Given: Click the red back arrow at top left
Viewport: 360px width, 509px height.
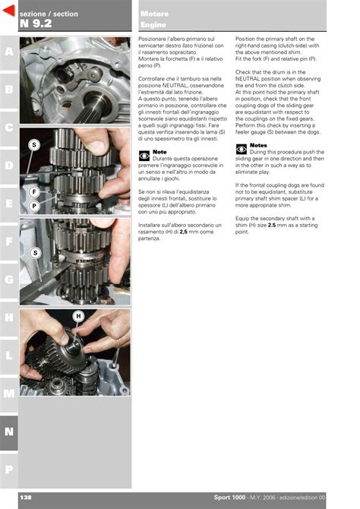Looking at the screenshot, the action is tap(10, 11).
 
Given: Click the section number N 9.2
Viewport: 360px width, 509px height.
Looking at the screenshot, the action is tap(36, 24).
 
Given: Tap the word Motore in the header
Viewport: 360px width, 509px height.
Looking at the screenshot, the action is tap(154, 14).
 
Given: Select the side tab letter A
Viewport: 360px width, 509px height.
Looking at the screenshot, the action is tap(9, 52).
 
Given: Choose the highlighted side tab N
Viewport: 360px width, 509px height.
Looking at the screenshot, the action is tap(9, 432).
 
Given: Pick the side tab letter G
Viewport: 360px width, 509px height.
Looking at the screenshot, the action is tap(9, 279).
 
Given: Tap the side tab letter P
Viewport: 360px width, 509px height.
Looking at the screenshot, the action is tap(9, 469).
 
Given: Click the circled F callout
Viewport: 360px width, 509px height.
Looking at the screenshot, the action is tap(34, 192).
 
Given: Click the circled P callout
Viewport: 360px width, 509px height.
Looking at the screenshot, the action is tap(34, 206).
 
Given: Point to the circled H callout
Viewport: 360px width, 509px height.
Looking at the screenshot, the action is tap(78, 316).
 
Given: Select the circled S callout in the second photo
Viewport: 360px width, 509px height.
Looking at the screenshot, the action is tap(34, 145).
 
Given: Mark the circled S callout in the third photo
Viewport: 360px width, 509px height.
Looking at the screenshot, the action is tap(36, 253).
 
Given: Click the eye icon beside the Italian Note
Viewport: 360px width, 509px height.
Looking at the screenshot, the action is tap(144, 156).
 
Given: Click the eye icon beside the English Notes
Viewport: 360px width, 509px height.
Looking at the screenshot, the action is tap(242, 150).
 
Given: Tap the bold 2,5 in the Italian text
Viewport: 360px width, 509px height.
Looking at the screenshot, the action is tap(183, 232).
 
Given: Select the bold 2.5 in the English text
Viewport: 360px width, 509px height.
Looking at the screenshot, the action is tap(272, 225).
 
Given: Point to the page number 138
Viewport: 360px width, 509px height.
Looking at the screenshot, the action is tap(26, 498).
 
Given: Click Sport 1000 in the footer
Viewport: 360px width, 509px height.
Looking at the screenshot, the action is tap(229, 498).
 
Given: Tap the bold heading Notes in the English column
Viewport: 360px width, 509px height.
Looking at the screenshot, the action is tap(258, 145).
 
